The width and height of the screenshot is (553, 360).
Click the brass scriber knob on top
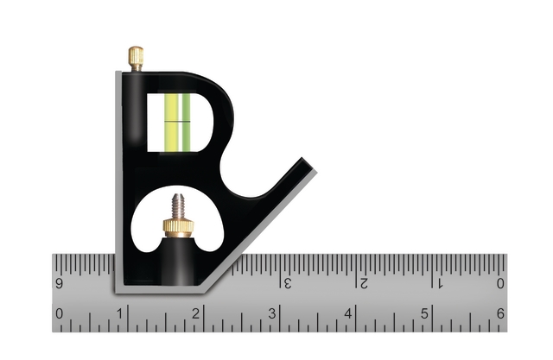pos(136,58)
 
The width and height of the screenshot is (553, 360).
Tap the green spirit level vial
pos(177,123)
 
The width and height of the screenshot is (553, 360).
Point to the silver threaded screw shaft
pos(179,206)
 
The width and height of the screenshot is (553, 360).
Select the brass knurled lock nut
pos(179,228)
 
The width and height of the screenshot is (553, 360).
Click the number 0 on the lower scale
pos(60,313)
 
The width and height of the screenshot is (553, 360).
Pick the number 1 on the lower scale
pos(120,313)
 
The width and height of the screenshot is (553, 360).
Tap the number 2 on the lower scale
pos(196,313)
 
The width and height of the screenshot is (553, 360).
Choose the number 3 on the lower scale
pos(272,313)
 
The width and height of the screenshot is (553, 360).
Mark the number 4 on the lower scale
pos(348,313)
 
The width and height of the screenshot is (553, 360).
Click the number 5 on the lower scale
pos(424,313)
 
